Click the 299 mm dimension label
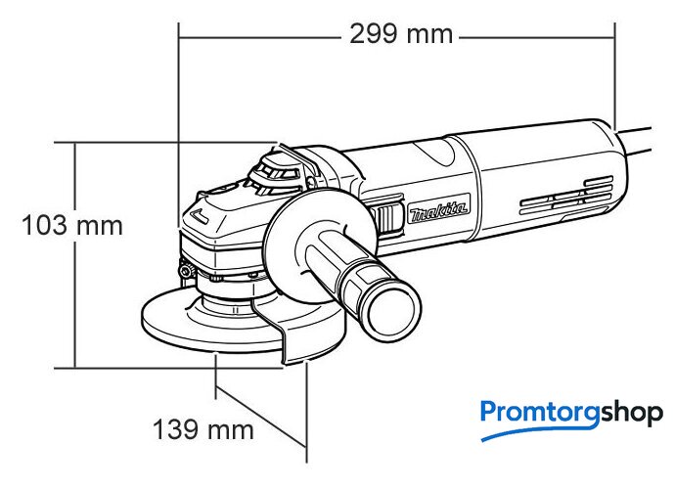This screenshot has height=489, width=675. pyautogui.click(x=401, y=34)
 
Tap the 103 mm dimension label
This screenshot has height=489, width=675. pyautogui.click(x=72, y=226)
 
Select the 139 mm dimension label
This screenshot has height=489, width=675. pyautogui.click(x=203, y=429)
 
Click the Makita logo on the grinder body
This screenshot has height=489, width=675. pyautogui.click(x=438, y=210)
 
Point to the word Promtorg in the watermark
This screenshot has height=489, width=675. pyautogui.click(x=540, y=414)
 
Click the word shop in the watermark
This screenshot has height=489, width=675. pyautogui.click(x=632, y=414)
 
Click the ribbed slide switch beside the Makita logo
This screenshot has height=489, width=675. pyautogui.click(x=389, y=218)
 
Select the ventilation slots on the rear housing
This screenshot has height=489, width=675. pyautogui.click(x=566, y=196)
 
